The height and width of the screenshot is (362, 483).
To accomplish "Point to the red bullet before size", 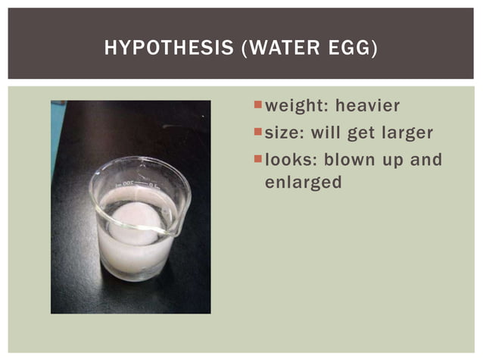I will click(x=259, y=132).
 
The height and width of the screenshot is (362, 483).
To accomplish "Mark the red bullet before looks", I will click(x=259, y=159).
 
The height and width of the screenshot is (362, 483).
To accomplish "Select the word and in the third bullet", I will click(x=425, y=161).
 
